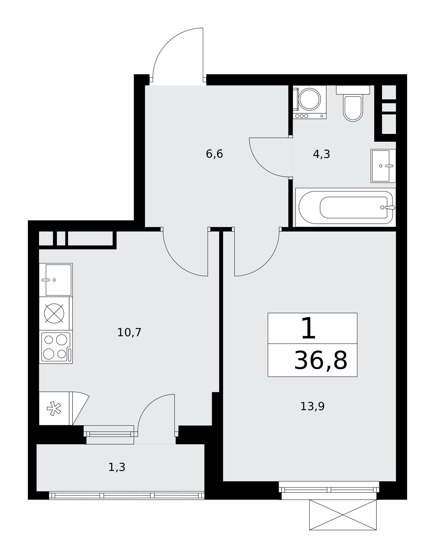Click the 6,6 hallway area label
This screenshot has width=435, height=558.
coord(214,154)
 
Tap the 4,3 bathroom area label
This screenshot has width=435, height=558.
coord(321,154)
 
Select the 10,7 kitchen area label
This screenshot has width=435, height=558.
coord(129,332)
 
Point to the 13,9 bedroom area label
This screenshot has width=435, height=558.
coord(312,406)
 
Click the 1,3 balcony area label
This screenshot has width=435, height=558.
coord(117,467)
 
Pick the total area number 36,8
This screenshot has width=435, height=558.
coord(321,360)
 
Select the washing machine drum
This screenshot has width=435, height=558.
coord(309,99)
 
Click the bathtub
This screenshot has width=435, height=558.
coord(346,207)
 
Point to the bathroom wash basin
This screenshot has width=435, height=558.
coord(383,166)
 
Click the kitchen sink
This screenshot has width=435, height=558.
coord(56,280)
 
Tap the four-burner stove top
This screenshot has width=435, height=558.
coord(56,347)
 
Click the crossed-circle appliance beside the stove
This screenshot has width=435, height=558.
coord(54,313)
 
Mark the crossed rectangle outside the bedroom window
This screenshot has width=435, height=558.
coord(343,515)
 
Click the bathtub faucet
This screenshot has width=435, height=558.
coord(390,207)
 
